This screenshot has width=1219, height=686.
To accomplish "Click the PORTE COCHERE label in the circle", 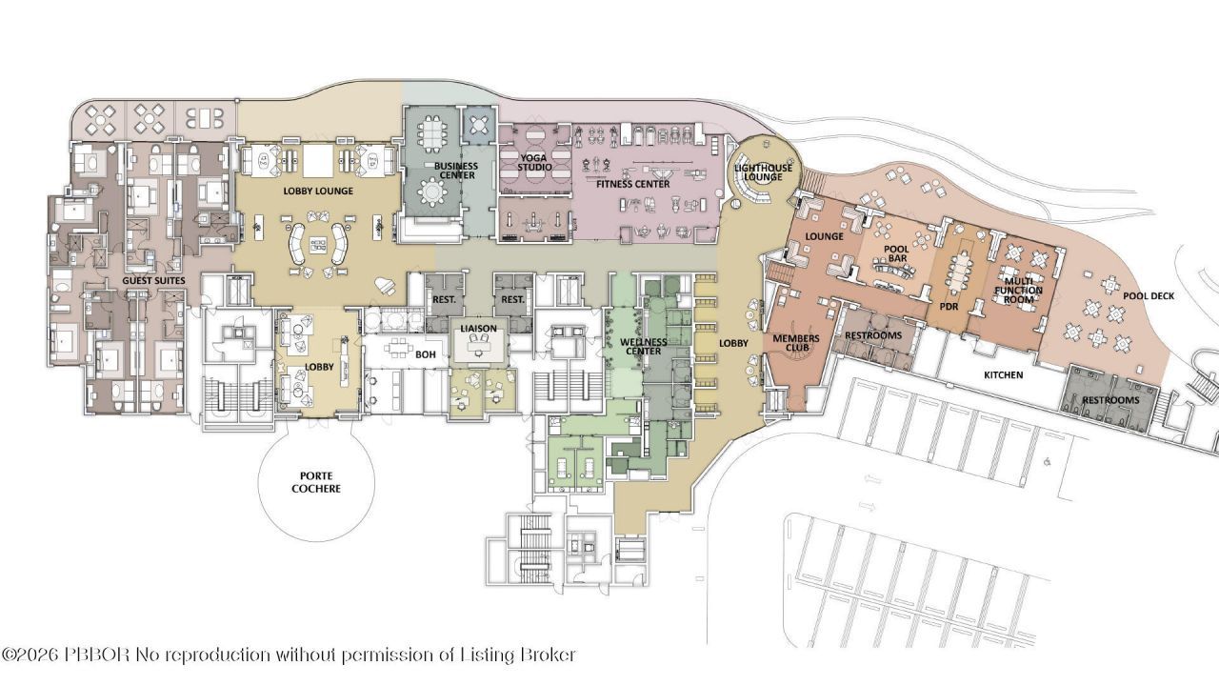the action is pos(316,482).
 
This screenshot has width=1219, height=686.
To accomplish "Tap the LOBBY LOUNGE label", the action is pos(318,192).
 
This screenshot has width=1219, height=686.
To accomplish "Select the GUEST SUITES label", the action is pos(153,280).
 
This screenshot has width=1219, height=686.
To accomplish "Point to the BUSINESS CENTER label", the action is pos(456,171).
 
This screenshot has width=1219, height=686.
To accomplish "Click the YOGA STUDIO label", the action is pos(534,163).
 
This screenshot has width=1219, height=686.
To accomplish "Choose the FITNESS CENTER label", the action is pos(633,184).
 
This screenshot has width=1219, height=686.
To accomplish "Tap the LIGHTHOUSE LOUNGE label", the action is pos(763,172).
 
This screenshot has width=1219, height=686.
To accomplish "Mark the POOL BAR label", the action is pos(896,253).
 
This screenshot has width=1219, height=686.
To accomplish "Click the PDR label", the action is pos(949,307).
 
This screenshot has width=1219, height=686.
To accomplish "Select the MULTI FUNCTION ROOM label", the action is pos(1019,291).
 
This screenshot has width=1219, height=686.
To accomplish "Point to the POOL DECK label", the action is pos(1149,296).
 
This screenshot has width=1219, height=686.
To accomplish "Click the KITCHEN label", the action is pos(1004,375).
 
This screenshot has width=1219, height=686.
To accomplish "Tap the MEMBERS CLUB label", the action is pos(796,343).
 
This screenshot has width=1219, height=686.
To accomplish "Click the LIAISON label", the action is pos(478,329).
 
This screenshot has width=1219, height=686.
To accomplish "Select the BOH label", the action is pos(426,355).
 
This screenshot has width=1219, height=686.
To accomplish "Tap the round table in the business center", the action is pos(432,192).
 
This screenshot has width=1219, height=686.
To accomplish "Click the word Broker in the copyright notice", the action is pos(549,654).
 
